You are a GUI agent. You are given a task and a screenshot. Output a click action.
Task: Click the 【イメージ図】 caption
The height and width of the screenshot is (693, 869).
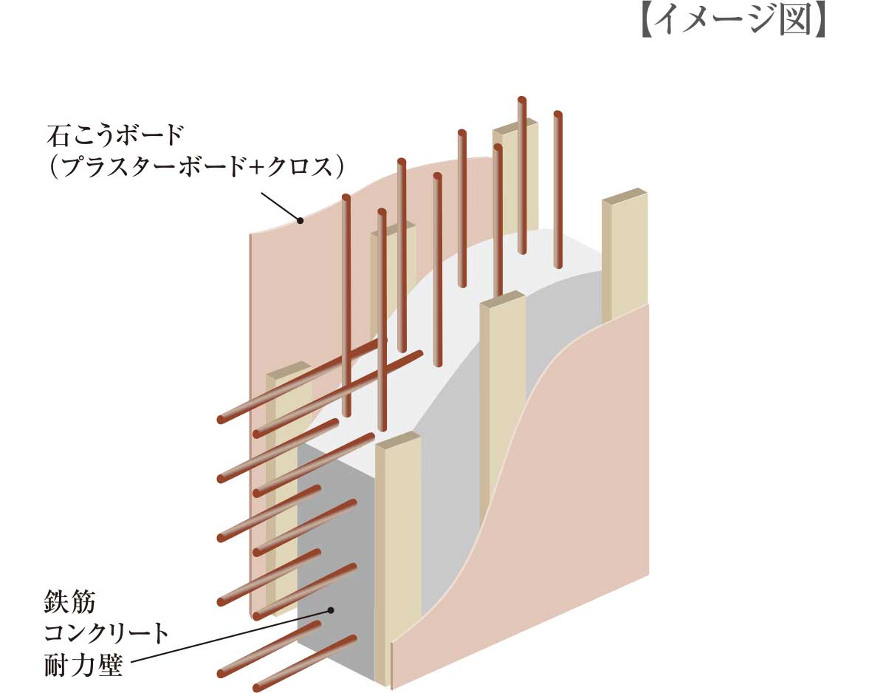point(730,22)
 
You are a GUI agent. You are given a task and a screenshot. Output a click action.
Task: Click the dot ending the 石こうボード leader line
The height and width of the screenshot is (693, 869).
point(300,219)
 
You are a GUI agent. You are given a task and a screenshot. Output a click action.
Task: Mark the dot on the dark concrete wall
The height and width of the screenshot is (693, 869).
point(331,610)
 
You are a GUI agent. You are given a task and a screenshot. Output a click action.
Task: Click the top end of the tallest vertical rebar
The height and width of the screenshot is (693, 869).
point(522,99)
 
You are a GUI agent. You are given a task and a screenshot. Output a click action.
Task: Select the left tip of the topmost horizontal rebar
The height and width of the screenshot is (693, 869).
point(221,420)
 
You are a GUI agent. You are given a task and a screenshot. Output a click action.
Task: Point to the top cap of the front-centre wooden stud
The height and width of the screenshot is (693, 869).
point(398,441)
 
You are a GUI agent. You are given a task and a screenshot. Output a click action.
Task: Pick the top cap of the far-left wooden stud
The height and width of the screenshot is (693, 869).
point(287,370)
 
